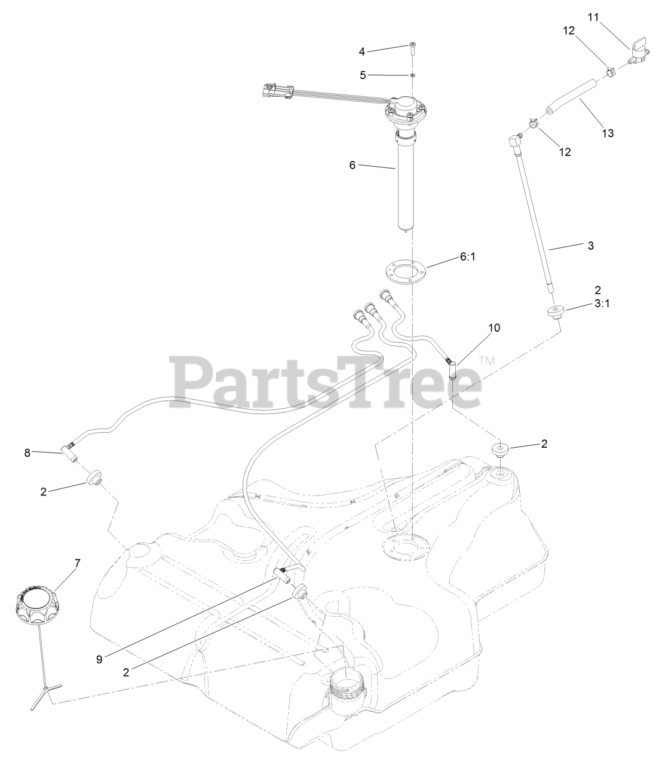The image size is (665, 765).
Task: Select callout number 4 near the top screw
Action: [361, 51]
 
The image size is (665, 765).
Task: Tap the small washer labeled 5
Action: [412, 75]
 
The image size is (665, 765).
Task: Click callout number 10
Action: [494, 328]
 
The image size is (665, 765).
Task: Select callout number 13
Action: [607, 133]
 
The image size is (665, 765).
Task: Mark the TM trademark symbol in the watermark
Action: [487, 361]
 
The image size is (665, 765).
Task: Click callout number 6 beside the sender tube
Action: [353, 165]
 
